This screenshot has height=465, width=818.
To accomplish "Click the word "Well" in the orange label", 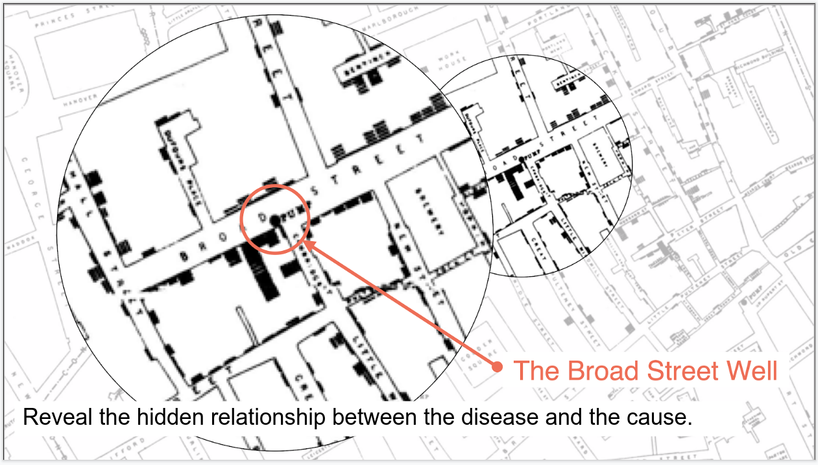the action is (x=752, y=371).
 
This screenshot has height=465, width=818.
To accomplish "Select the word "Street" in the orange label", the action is (x=684, y=371).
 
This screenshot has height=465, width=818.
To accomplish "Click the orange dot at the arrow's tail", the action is (x=498, y=367).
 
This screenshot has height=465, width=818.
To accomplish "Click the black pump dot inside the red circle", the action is (x=275, y=221).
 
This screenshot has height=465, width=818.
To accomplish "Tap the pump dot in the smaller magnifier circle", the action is (x=521, y=160).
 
